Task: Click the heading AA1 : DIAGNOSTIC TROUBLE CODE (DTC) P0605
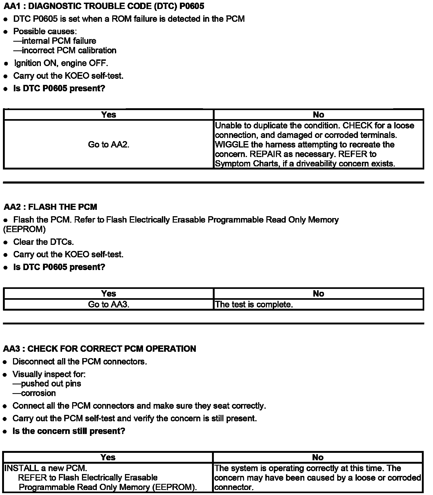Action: (x=104, y=6)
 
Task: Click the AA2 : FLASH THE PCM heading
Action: (x=50, y=207)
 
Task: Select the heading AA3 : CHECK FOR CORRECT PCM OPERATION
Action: (x=99, y=349)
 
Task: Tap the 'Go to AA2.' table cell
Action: (x=109, y=145)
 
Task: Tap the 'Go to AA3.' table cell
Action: (x=109, y=304)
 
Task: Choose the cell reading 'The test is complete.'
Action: (x=254, y=304)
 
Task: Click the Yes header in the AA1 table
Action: (x=109, y=115)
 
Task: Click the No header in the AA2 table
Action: (x=318, y=293)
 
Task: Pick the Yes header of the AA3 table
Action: (x=108, y=457)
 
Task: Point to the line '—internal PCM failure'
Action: (x=55, y=41)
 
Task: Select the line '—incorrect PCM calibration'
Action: (x=65, y=50)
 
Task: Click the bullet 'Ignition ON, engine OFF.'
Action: (x=61, y=63)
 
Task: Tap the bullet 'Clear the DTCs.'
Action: (x=44, y=242)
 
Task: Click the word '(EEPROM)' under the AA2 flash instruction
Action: (x=24, y=229)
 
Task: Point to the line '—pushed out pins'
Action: (x=47, y=384)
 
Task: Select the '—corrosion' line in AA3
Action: (x=34, y=393)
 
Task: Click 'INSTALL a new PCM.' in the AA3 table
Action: (x=46, y=468)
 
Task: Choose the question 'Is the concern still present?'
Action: (x=69, y=431)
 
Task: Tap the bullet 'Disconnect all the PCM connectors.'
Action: (x=80, y=362)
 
